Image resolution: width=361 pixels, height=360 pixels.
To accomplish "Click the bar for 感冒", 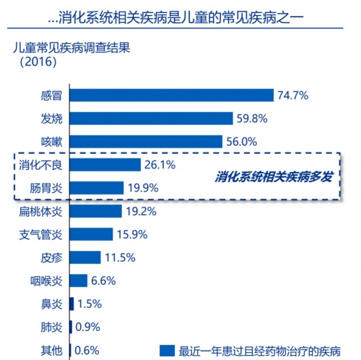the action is click(x=172, y=95).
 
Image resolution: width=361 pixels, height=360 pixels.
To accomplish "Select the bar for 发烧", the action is click(x=152, y=119).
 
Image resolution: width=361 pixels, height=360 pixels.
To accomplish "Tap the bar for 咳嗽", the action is click(x=146, y=142).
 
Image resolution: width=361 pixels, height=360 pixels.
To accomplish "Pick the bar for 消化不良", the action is click(x=105, y=165).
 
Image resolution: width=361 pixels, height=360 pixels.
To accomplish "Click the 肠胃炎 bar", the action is click(x=97, y=188).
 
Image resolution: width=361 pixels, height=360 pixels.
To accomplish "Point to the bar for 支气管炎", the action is click(x=91, y=234).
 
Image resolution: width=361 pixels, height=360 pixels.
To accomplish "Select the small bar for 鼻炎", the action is click(x=71, y=304).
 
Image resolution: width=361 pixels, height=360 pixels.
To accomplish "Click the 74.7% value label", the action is click(x=293, y=95).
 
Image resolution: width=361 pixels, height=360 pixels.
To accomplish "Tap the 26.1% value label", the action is click(x=160, y=165).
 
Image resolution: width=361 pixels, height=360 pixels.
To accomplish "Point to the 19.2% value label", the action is click(x=142, y=211).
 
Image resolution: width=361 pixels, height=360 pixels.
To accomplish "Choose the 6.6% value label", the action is click(x=103, y=280).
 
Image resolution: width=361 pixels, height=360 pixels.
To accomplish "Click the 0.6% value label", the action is click(x=87, y=351).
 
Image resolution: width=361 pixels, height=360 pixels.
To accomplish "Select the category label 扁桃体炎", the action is click(x=40, y=212).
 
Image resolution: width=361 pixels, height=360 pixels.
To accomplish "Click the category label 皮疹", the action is click(x=51, y=258).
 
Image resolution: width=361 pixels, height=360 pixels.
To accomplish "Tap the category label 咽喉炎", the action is click(x=46, y=281).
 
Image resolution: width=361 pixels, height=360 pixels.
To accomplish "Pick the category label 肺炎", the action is click(x=51, y=327).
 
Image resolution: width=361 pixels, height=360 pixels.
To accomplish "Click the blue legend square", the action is click(x=167, y=351).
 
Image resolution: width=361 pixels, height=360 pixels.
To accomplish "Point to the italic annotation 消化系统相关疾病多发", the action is click(x=274, y=177).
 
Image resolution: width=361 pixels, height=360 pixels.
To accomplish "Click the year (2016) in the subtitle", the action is click(x=38, y=61).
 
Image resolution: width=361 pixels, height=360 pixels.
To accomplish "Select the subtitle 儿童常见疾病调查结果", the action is click(x=71, y=48).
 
